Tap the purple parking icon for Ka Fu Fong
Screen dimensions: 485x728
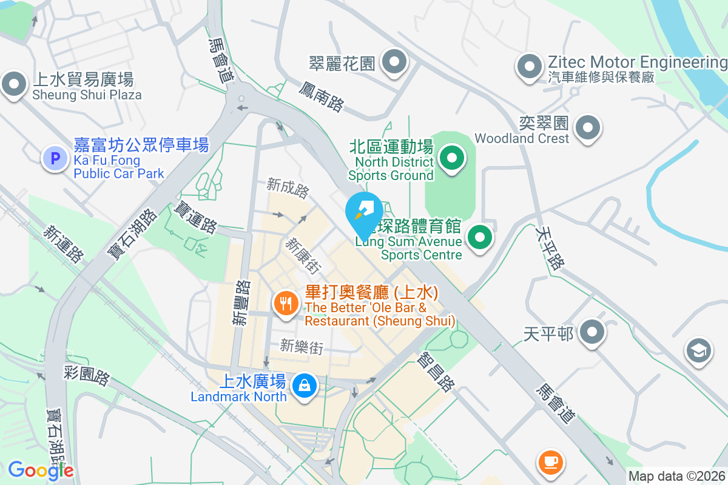point(55,159)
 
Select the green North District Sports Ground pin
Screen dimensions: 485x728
point(451,159)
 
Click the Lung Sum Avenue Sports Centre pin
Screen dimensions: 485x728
point(480,237)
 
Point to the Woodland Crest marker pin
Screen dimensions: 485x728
point(587,128)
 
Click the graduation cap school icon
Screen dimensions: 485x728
point(699,351)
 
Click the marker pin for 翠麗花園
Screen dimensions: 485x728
point(395,62)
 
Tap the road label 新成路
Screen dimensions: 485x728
point(288,188)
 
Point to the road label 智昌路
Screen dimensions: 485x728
point(437,372)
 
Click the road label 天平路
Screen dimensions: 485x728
point(550,248)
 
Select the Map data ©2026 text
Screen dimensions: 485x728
point(676,477)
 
